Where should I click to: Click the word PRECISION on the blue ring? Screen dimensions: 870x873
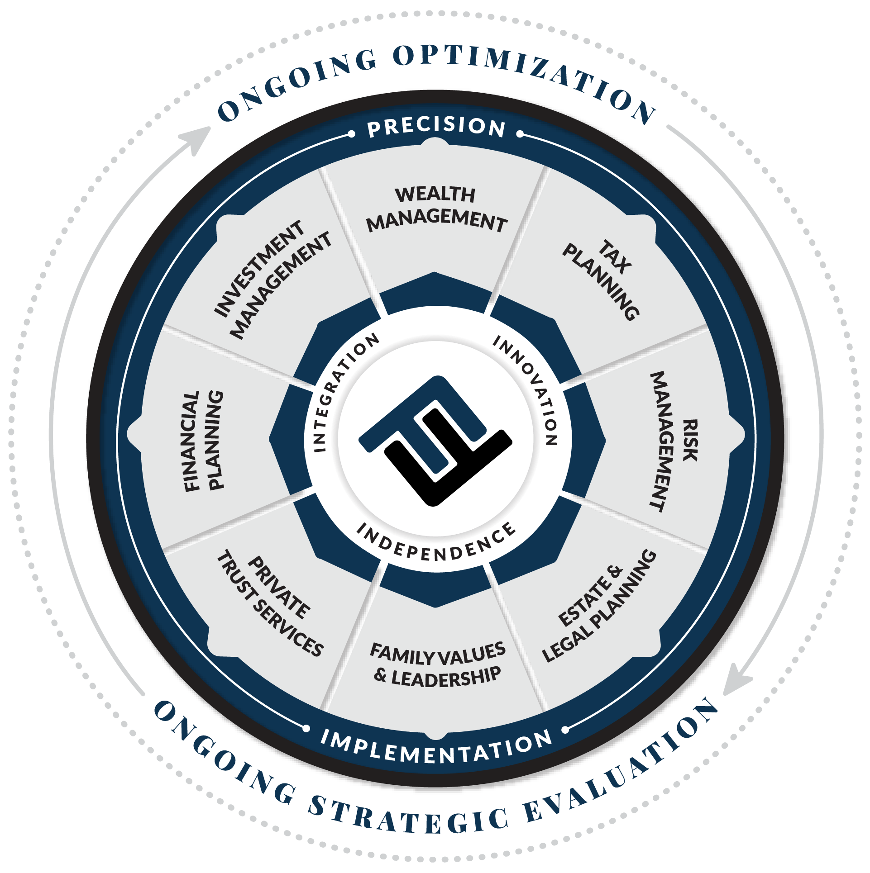[436, 127]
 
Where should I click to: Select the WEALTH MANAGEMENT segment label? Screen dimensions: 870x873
[436, 209]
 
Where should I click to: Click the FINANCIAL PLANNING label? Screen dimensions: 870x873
[203, 441]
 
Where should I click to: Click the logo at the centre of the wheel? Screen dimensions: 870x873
[435, 441]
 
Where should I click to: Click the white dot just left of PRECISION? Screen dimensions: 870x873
[351, 134]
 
